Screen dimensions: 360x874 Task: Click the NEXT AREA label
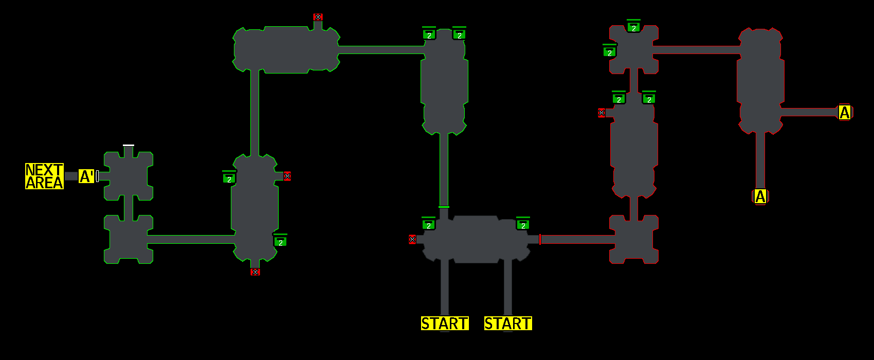(44, 176)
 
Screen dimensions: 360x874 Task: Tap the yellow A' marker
(86, 176)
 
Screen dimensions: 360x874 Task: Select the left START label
(445, 323)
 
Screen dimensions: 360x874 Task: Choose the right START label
(508, 323)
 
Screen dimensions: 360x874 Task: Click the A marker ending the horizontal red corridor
(844, 112)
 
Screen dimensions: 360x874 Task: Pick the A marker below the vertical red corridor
(760, 196)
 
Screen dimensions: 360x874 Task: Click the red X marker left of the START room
(412, 239)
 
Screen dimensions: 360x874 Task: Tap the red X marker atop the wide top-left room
(318, 17)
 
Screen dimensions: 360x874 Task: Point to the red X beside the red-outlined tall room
(602, 113)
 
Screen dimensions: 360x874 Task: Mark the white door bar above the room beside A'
(129, 146)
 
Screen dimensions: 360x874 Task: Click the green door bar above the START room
(444, 207)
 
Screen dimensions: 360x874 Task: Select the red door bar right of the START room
(540, 239)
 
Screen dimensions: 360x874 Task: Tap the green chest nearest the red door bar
(523, 225)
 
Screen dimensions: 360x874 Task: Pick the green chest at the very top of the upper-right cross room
(634, 27)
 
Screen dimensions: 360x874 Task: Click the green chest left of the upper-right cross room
(610, 52)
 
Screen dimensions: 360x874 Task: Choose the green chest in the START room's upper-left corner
(429, 225)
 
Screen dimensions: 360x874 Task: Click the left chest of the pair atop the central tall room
(429, 34)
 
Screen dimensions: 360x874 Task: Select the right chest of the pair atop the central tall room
(459, 34)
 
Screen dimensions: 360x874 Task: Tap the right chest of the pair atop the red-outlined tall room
(649, 99)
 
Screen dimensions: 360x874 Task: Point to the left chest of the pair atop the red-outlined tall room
(619, 99)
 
